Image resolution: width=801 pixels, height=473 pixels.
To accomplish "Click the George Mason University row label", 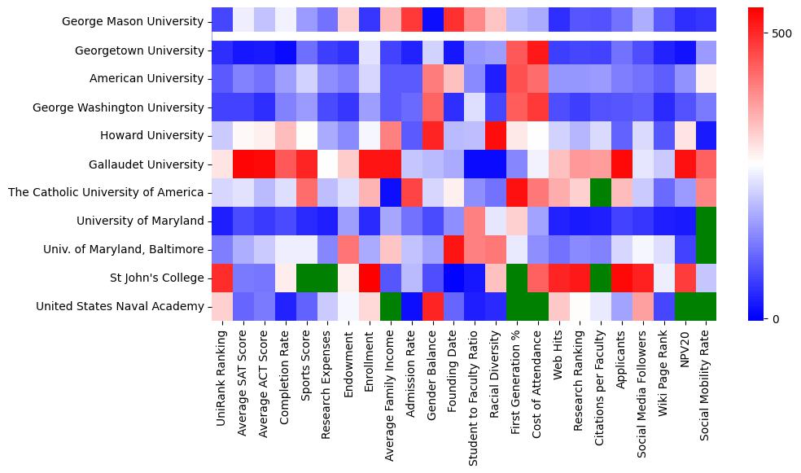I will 133,22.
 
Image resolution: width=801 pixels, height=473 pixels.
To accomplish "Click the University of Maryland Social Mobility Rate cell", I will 706,221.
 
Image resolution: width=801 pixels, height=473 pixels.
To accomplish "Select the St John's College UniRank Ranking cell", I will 221,278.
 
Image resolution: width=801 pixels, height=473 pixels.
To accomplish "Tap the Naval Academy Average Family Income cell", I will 390,306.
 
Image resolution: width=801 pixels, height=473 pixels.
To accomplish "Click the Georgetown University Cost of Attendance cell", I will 537,50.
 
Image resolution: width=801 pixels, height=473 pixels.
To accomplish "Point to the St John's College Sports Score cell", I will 305,278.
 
